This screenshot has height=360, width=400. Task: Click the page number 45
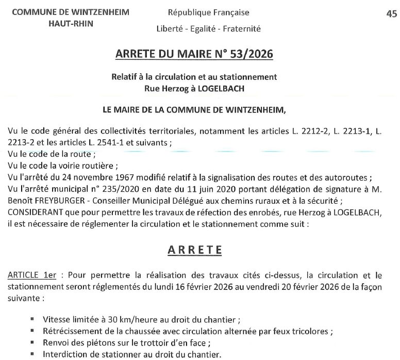(x=390, y=14)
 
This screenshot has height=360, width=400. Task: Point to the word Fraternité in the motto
(x=241, y=29)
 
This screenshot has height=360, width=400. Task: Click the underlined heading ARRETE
(x=195, y=250)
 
